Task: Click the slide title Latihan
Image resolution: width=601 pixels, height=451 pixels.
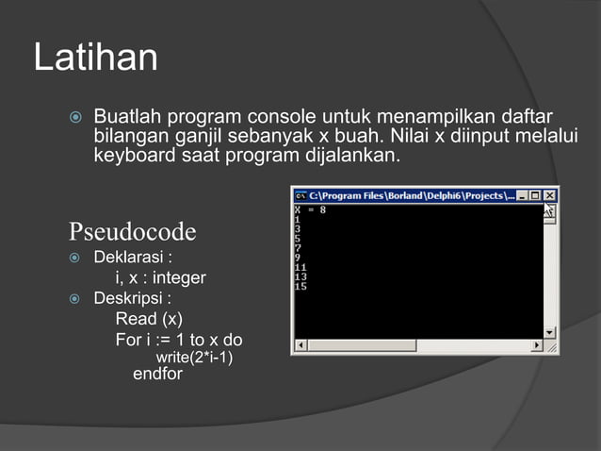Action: coord(95,58)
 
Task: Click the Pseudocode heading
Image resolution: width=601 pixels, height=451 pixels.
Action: coord(132,231)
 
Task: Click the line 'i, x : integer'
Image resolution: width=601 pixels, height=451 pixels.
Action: coord(160,277)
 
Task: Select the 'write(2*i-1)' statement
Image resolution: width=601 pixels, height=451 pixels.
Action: coord(194,358)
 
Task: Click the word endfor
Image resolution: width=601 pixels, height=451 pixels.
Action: coord(158,375)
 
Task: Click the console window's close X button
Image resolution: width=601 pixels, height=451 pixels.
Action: coord(550,196)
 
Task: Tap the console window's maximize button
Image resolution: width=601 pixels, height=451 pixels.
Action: coord(536,196)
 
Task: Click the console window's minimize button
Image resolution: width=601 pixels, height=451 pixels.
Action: coord(523,196)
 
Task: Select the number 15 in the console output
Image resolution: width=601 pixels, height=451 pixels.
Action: coord(300,286)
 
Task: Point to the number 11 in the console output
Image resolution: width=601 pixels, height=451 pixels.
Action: coord(300,267)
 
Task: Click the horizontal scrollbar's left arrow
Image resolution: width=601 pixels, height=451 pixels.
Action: coord(300,346)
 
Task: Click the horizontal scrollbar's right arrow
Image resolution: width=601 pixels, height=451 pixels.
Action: coord(538,346)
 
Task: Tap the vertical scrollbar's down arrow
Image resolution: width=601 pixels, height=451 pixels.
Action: coord(550,332)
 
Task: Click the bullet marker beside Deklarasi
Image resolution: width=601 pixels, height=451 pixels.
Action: coord(75,258)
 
